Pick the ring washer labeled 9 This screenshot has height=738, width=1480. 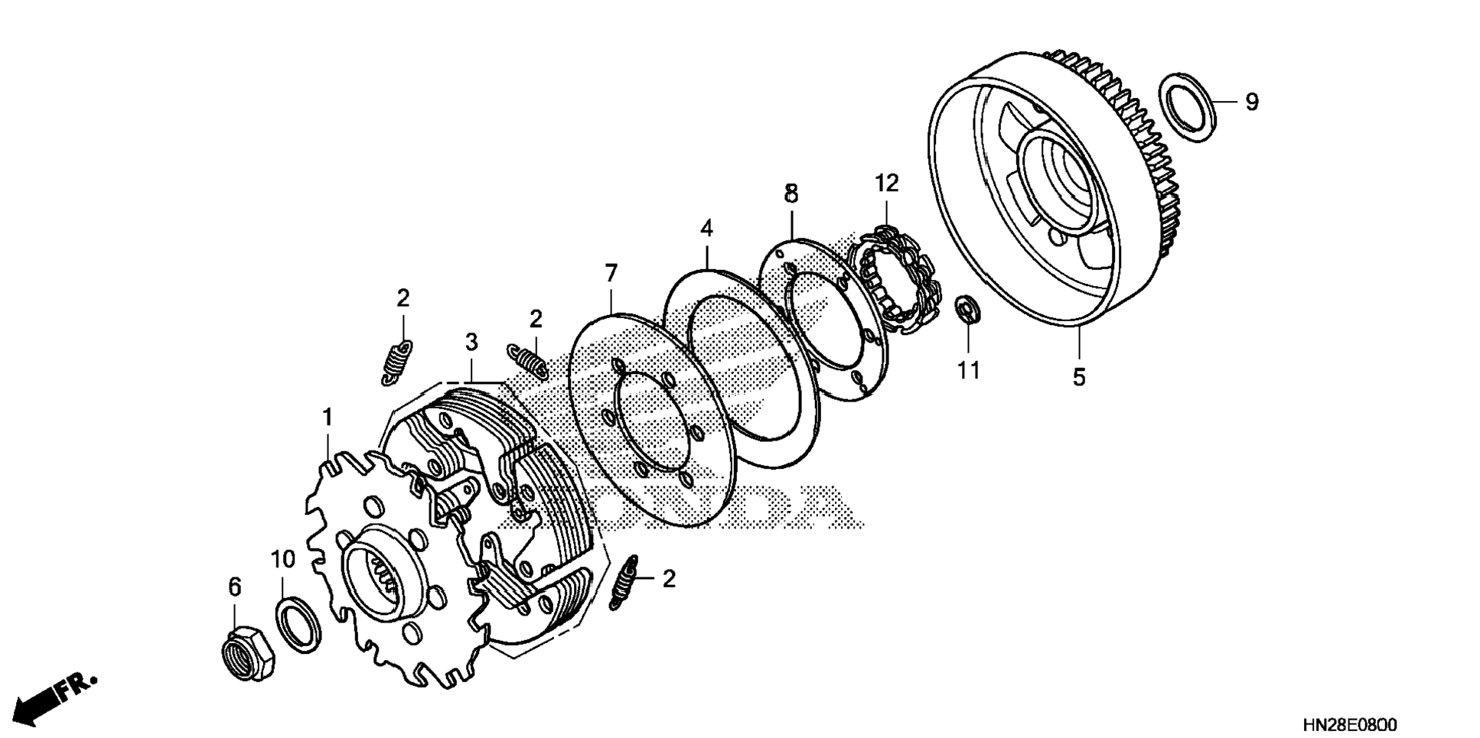point(1188,107)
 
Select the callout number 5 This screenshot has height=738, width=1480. point(1078,377)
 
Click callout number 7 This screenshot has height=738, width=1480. point(610,273)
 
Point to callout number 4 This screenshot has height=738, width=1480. point(706,228)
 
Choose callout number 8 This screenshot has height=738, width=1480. point(791,193)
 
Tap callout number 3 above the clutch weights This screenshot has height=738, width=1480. point(471,342)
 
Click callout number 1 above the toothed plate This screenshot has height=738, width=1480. point(328,418)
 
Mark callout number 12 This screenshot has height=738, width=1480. point(887,183)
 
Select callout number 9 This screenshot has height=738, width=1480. point(1251,101)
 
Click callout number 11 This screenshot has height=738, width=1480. point(968,370)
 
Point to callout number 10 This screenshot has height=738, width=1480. point(282,559)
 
